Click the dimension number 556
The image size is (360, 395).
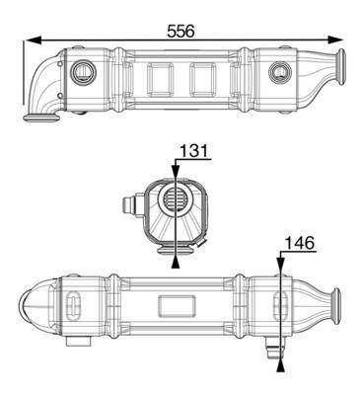tap(180, 30)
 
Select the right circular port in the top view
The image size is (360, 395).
tap(280, 72)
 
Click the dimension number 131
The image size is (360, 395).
tap(193, 153)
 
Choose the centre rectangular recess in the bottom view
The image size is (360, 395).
tap(180, 306)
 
